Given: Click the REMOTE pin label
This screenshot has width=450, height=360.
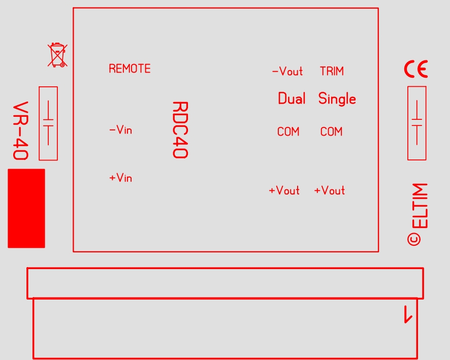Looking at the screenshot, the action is pos(130,69).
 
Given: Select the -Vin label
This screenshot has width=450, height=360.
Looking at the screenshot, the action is pos(121,129).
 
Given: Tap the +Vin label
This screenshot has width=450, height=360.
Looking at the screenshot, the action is pos(121,178).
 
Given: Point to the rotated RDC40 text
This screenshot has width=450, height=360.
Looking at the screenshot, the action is pos(180,129).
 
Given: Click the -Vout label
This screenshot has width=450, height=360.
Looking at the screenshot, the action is pos(287,71).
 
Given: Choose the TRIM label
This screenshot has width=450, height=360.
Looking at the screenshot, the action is pos(332,71).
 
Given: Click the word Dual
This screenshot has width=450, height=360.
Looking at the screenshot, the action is pos(292,99).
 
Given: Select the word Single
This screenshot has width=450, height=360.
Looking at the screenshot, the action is pos(337,99).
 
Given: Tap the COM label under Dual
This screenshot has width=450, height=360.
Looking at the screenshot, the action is pos(288,132).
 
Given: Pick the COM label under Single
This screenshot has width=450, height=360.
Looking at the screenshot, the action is pos(332,132).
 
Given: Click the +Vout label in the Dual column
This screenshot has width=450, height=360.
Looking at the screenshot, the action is pos(284,190).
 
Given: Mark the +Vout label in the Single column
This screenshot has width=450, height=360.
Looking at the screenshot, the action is pos(330,190).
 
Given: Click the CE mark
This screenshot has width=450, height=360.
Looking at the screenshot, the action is pos(416,69).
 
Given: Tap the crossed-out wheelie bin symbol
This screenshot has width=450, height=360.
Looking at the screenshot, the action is pos(58,55).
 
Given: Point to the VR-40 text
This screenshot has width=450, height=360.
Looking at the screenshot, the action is pos(21,130).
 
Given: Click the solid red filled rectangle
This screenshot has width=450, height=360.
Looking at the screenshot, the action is pos(26,208).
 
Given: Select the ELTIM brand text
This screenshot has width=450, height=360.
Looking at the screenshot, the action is pos(420,206).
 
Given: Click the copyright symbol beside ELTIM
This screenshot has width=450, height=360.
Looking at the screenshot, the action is pos(414,239).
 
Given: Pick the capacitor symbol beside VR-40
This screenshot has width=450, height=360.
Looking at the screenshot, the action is pos(48,123).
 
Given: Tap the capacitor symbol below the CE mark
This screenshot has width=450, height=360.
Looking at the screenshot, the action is pos(417,123).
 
